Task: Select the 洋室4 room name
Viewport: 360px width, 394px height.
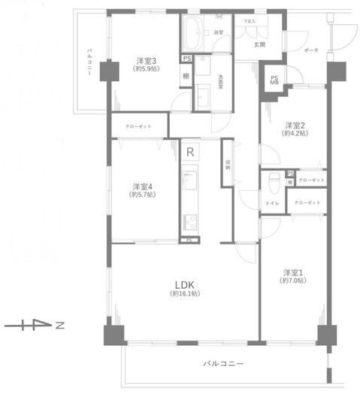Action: (x=142, y=186)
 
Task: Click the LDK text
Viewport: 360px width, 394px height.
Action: (x=186, y=283)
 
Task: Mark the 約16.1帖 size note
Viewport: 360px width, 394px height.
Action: (x=186, y=293)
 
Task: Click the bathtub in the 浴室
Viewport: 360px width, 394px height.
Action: (x=193, y=33)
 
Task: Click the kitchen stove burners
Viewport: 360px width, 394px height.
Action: (x=190, y=223)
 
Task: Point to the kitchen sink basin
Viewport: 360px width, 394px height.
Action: (x=190, y=181)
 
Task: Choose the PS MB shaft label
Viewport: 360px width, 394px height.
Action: (x=275, y=80)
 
